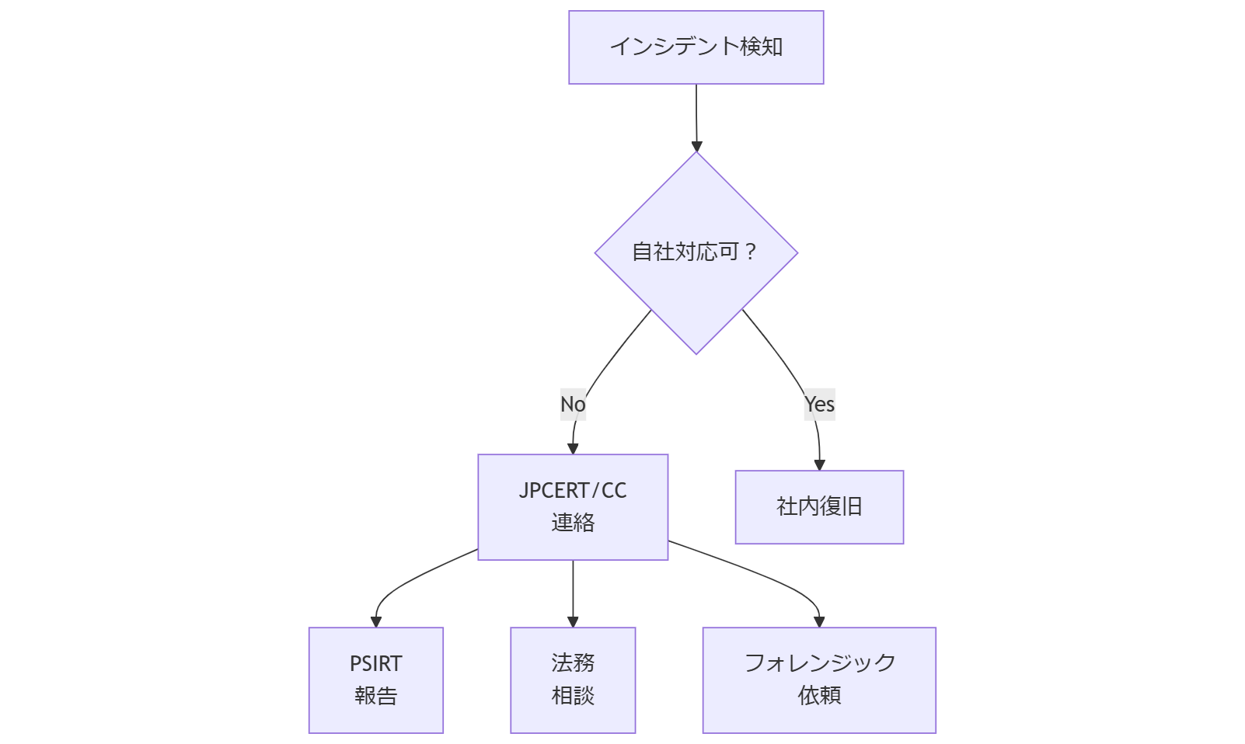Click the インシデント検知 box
tap(696, 47)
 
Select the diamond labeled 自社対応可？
tap(696, 252)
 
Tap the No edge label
tap(573, 405)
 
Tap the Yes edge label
tap(819, 405)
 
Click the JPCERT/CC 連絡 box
tap(573, 506)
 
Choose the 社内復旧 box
tap(819, 507)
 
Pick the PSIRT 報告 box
tap(375, 680)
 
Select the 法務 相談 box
tap(573, 680)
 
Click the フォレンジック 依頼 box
tap(819, 680)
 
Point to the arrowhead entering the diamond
tap(696, 146)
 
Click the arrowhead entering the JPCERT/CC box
tap(573, 448)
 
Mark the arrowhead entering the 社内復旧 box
tap(819, 464)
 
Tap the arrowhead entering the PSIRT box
tap(376, 621)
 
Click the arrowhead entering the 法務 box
tap(573, 621)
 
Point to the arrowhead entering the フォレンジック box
tap(819, 621)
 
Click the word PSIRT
tap(375, 664)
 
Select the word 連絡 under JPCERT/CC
tap(573, 523)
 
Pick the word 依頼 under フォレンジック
tap(819, 695)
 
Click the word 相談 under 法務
tap(573, 696)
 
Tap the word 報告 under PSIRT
tap(375, 696)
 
